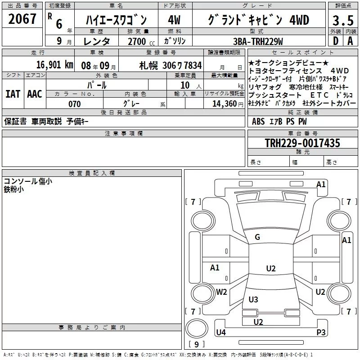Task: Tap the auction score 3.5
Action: click(342, 20)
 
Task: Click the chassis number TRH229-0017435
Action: click(302, 143)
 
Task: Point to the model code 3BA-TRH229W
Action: click(258, 41)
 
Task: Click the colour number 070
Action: click(75, 104)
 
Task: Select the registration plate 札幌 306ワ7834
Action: click(171, 65)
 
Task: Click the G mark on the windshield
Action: click(257, 237)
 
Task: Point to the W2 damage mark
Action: click(221, 292)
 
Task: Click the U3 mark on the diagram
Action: click(253, 299)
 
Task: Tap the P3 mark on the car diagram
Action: click(321, 332)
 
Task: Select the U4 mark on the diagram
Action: click(220, 332)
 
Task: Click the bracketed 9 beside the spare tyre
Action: click(196, 345)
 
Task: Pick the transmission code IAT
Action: click(13, 94)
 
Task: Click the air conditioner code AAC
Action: click(35, 94)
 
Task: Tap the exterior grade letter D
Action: click(335, 41)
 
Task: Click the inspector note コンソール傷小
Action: click(28, 181)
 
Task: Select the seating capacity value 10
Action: click(185, 85)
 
